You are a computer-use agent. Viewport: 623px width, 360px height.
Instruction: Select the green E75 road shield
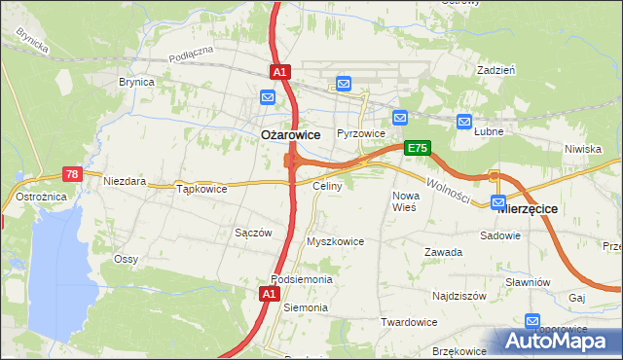[417, 147]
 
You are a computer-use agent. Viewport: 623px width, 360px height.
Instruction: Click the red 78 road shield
[71, 174]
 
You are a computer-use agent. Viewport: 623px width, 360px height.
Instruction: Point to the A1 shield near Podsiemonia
[269, 293]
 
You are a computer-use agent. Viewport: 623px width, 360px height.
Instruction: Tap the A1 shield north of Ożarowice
[278, 72]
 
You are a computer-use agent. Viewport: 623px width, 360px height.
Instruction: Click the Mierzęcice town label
[527, 208]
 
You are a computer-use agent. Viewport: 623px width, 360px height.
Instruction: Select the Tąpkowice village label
[202, 189]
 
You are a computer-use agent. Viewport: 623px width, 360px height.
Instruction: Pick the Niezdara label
[126, 181]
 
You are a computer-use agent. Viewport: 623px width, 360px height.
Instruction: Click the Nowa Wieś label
[404, 201]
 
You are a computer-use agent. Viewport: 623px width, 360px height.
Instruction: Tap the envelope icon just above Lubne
[463, 122]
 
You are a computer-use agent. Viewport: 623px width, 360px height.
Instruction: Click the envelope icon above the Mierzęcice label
[499, 203]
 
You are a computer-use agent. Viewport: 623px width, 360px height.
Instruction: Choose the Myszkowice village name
[335, 241]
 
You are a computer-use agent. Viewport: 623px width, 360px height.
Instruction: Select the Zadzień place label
[495, 71]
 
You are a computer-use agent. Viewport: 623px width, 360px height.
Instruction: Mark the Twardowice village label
[408, 322]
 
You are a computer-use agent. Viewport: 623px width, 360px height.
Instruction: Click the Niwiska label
[582, 149]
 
